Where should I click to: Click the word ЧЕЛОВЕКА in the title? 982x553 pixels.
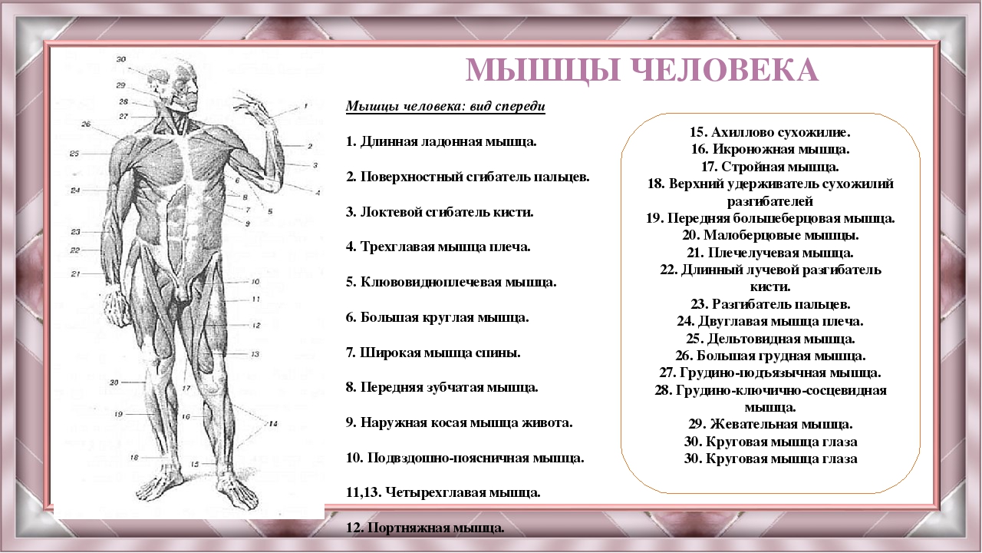[x=725, y=70]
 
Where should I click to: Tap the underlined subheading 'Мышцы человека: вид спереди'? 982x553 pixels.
[x=446, y=106]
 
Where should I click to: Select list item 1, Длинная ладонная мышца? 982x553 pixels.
[x=441, y=142]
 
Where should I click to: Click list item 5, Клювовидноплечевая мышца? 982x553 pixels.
[x=451, y=282]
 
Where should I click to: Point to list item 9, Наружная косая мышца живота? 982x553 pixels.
[x=459, y=422]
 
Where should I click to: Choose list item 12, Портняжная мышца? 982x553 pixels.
[x=425, y=528]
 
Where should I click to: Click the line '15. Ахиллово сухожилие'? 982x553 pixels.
[x=770, y=132]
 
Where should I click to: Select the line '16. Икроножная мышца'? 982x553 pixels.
[x=770, y=149]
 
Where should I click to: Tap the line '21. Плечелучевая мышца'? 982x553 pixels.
[x=770, y=253]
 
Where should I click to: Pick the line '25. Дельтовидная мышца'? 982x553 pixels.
[x=770, y=339]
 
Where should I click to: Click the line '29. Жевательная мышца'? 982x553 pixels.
[x=770, y=425]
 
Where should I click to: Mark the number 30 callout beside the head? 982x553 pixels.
[x=121, y=59]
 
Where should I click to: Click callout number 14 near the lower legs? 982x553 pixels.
[x=273, y=423]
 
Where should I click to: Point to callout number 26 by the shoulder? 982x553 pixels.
[x=86, y=124]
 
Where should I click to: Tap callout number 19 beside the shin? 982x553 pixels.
[x=118, y=414]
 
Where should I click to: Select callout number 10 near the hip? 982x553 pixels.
[x=255, y=281]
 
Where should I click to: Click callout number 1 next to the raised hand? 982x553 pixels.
[x=305, y=105]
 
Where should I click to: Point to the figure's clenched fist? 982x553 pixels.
[x=117, y=306]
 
